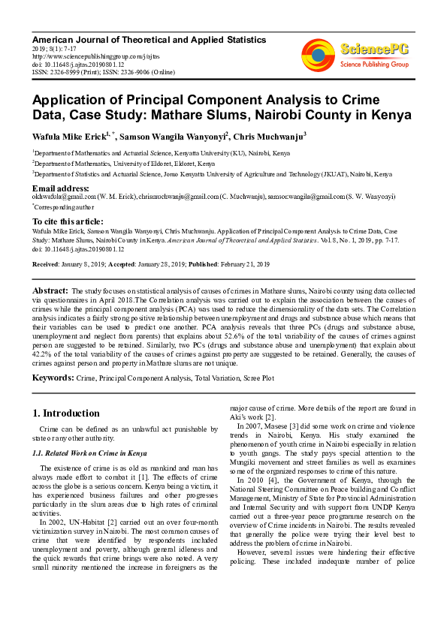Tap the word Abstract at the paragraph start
pos(50,290)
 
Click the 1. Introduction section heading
pos(66,414)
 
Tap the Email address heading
pos(61,188)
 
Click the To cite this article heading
pos(68,221)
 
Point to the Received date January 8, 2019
pos(83,265)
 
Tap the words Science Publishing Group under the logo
pos(373,65)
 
